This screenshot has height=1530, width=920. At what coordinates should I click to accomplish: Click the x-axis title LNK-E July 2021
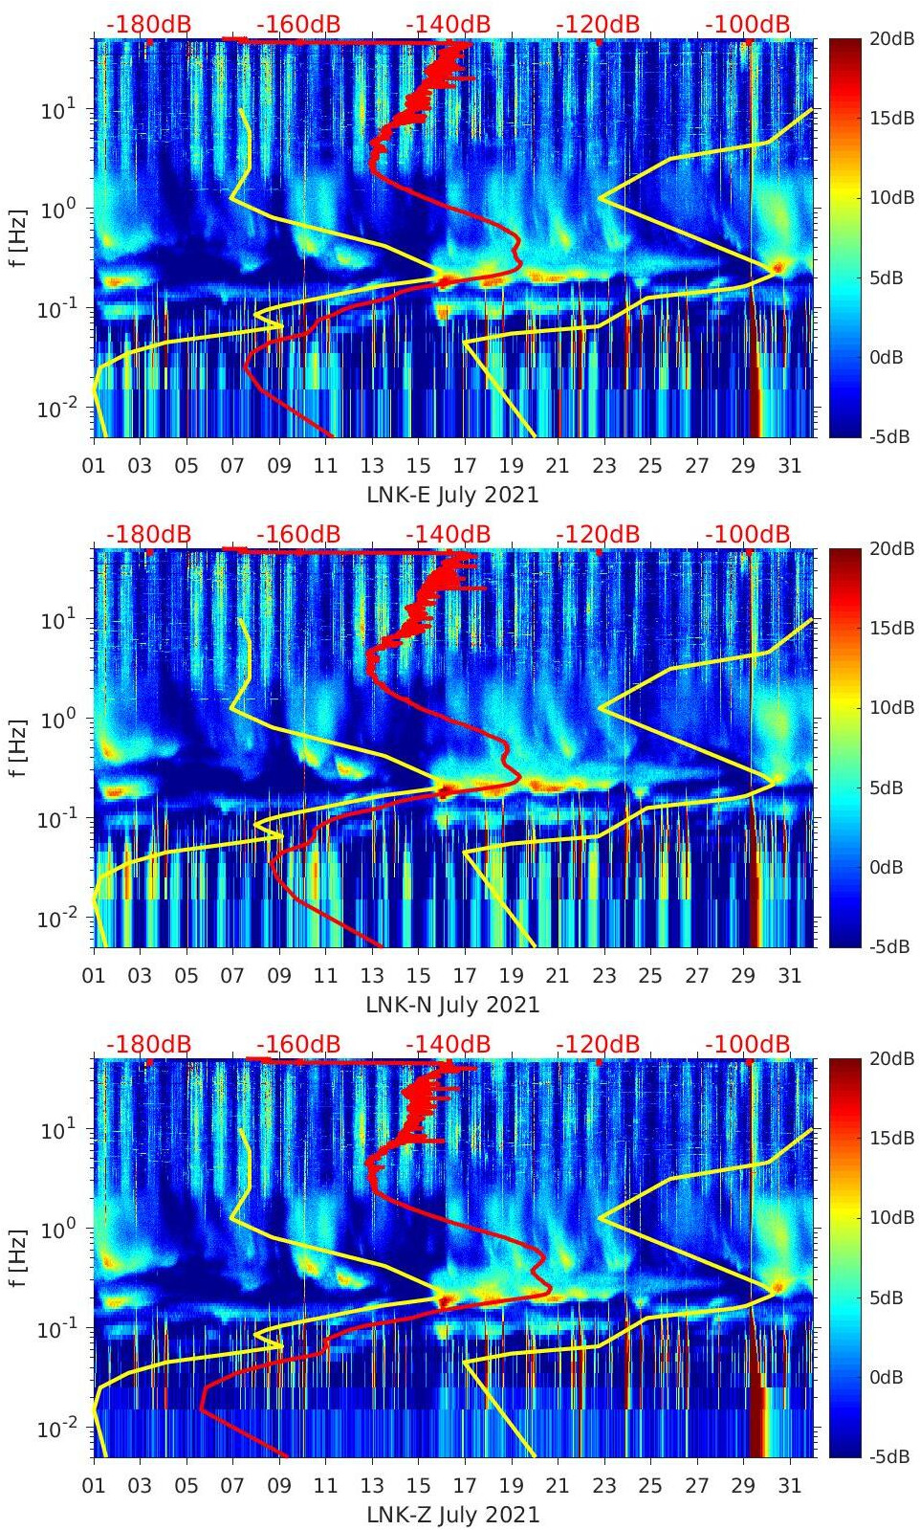[452, 495]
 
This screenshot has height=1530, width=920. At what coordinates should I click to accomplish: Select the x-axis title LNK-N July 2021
[452, 1005]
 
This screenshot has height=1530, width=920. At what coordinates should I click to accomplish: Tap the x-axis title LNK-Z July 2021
[452, 1515]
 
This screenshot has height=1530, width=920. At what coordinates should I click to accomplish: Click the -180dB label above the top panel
[148, 24]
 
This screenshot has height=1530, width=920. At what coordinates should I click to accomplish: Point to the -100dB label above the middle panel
[748, 534]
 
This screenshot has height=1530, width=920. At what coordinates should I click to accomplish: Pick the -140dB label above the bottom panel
[448, 1044]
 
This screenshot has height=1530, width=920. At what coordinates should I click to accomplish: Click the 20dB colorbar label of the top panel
[890, 38]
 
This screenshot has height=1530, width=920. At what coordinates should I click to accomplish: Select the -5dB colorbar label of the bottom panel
[888, 1456]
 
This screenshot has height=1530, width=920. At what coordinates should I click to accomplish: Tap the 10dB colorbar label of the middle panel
[890, 707]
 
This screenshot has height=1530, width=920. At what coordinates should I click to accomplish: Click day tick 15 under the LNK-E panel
[418, 465]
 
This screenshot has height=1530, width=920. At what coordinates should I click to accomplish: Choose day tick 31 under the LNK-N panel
[789, 975]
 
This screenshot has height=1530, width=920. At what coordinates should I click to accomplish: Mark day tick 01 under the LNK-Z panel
[94, 1485]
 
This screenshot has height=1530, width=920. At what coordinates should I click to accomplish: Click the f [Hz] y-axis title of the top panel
[20, 238]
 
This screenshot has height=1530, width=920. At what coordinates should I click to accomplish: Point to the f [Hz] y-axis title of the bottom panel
[20, 1257]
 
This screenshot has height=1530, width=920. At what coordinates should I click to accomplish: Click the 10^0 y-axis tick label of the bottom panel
[57, 1228]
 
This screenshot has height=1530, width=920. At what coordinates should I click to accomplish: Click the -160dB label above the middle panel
[298, 534]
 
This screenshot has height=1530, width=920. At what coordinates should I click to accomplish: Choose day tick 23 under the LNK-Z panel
[603, 1485]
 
